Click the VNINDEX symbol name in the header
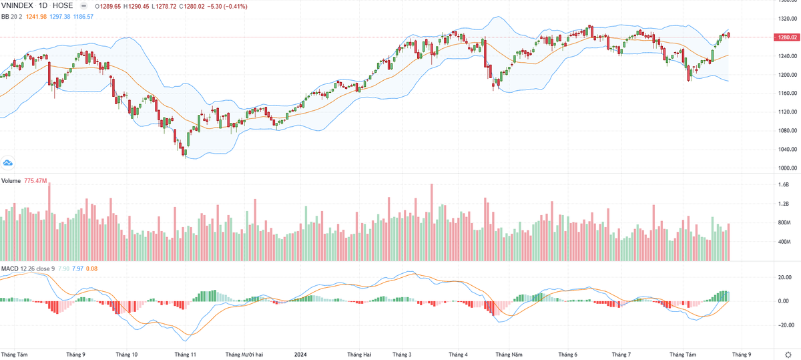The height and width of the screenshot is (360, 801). (17, 6)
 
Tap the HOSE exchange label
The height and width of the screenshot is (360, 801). (63, 6)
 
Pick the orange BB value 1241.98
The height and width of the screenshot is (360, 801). (32, 16)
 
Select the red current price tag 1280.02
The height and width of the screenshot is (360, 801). (786, 37)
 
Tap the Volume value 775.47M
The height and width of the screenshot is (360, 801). (35, 181)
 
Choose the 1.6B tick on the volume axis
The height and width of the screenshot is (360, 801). (784, 184)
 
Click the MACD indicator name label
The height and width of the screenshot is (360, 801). (9, 268)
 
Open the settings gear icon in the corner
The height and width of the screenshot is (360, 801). (788, 354)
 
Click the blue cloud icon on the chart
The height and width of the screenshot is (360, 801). (9, 162)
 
